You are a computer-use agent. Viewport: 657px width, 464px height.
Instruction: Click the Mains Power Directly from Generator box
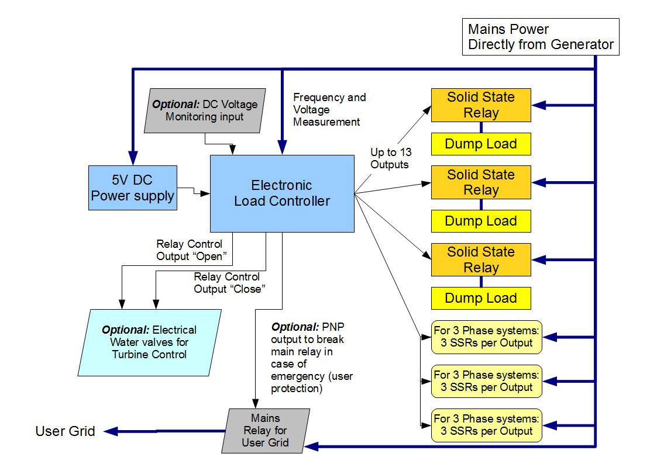coord(540,37)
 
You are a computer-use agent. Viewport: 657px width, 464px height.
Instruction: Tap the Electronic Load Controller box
coord(282,193)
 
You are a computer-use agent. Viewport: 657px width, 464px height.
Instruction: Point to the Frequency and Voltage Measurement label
coord(329,110)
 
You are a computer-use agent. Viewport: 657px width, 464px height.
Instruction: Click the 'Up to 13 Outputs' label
coord(389,158)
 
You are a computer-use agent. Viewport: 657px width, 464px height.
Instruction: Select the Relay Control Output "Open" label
coord(189,250)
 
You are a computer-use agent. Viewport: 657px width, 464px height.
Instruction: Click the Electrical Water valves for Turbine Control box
coord(149,342)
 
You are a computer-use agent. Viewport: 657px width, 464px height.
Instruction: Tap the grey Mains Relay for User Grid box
coord(265,431)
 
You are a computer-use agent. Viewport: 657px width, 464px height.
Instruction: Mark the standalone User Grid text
coord(65,432)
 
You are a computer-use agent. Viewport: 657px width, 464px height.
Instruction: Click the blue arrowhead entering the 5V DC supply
coord(133,158)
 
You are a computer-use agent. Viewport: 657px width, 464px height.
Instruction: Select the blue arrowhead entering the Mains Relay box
coord(311,446)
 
